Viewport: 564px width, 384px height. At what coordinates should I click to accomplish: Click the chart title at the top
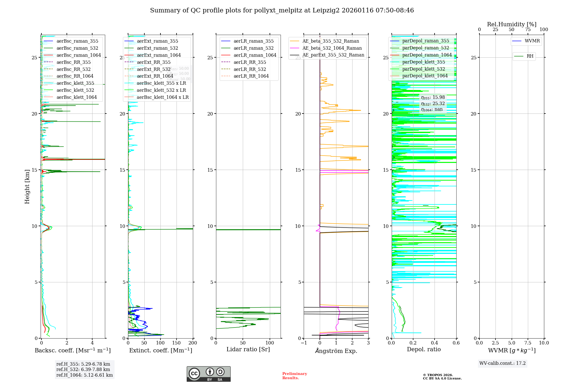[x=282, y=10]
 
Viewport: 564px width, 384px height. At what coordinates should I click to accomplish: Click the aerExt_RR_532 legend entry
[x=153, y=69]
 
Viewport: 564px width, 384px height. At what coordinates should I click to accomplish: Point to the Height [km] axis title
[x=27, y=187]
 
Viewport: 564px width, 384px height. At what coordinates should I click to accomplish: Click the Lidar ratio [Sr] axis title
[x=248, y=350]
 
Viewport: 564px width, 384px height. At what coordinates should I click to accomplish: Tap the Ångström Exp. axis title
[x=336, y=351]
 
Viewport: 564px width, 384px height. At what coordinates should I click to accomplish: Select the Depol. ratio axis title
[x=424, y=350]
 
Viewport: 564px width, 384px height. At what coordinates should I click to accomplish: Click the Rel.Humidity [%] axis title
[x=512, y=25]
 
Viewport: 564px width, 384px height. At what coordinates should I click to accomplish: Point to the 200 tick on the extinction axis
[x=193, y=343]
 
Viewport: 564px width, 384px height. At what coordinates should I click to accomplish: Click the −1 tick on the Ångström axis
[x=304, y=343]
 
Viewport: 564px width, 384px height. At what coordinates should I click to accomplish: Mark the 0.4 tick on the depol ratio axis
[x=435, y=343]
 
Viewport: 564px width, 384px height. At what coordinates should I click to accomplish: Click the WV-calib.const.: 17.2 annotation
[x=502, y=363]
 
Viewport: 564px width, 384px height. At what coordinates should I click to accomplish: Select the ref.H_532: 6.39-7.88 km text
[x=83, y=370]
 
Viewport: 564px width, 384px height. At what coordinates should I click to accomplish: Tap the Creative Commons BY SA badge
[x=208, y=374]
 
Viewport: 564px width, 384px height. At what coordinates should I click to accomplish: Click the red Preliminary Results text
[x=294, y=376]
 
